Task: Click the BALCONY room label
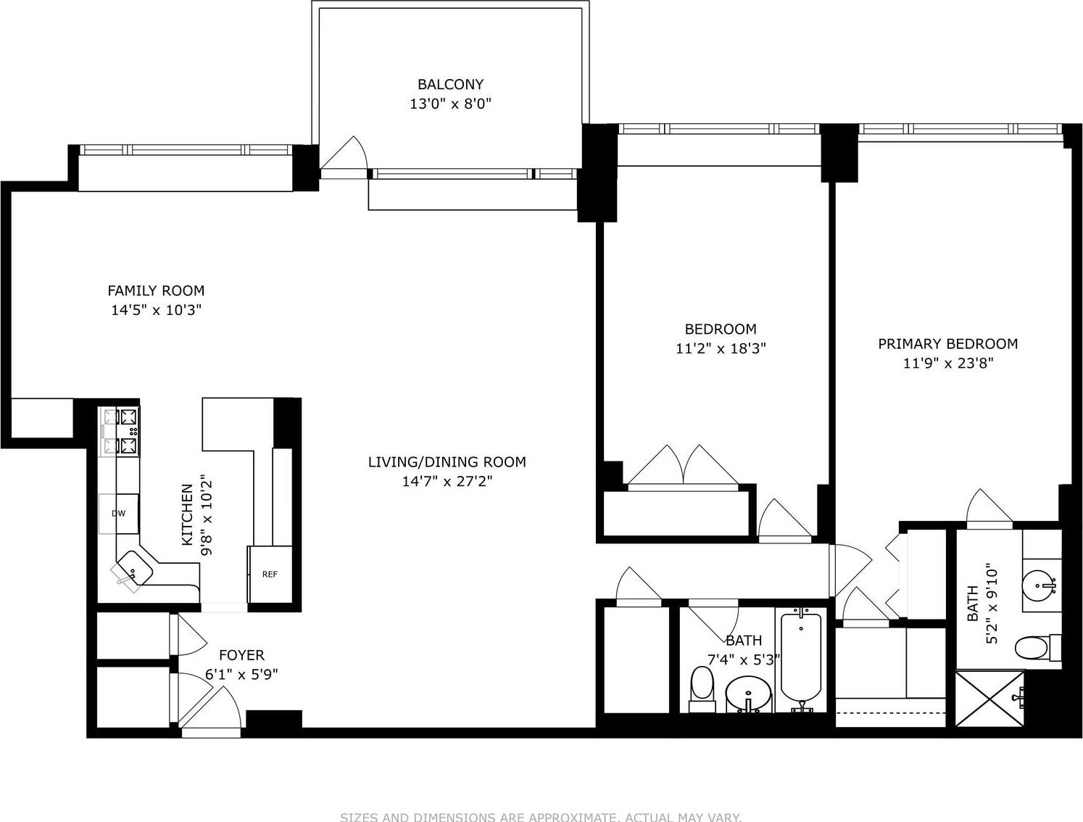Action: (450, 84)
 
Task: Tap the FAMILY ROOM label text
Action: (156, 291)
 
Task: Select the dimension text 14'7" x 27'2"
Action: (447, 480)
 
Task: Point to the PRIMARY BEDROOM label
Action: (947, 344)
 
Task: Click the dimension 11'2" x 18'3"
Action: (721, 348)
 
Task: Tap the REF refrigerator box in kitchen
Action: (270, 574)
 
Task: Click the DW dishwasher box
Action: (118, 514)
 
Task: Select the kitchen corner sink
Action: (133, 567)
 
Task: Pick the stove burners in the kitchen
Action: (121, 431)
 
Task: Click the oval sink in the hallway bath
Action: (748, 694)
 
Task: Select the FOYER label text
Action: (241, 655)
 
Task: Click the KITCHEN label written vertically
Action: (188, 515)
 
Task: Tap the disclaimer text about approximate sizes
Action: (541, 816)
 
